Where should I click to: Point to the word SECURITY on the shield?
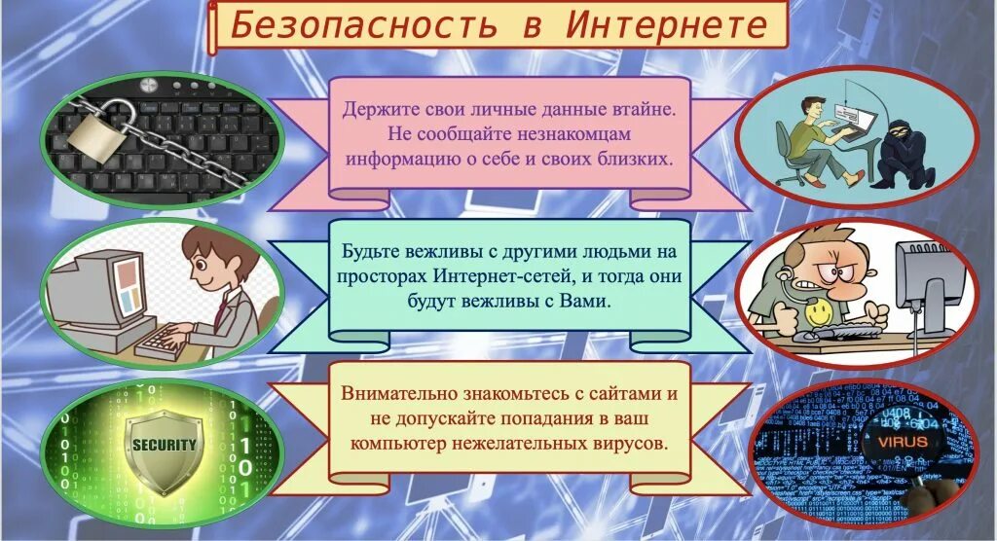point(165,445)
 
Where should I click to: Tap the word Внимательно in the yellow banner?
point(399,394)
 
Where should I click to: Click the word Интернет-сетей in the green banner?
point(507,275)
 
